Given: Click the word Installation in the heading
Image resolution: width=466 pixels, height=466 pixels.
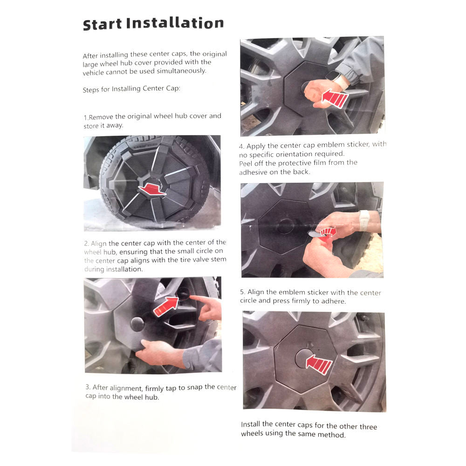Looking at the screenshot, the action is pos(175,23).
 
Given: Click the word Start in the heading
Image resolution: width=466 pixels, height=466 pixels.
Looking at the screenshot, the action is pos(103,24).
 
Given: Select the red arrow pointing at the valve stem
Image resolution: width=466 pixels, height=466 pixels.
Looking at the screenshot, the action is pos(166,307).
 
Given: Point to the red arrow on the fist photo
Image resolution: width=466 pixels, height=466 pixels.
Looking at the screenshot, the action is pos(335,98).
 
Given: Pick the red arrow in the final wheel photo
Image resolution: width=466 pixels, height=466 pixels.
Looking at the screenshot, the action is pos(319,363).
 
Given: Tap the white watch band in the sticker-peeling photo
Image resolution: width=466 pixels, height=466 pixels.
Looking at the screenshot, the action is pos(364,220).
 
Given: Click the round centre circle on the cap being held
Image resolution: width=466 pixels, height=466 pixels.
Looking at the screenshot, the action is pos(137,324).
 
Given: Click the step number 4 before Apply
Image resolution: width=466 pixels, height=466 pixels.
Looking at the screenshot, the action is pos(241,146).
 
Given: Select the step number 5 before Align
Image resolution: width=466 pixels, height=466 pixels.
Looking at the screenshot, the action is pos(242,292).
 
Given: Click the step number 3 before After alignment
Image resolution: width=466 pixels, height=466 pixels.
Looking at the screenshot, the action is pos(88,387).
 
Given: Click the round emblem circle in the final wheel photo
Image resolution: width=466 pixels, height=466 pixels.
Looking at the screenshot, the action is pos(304,358).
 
